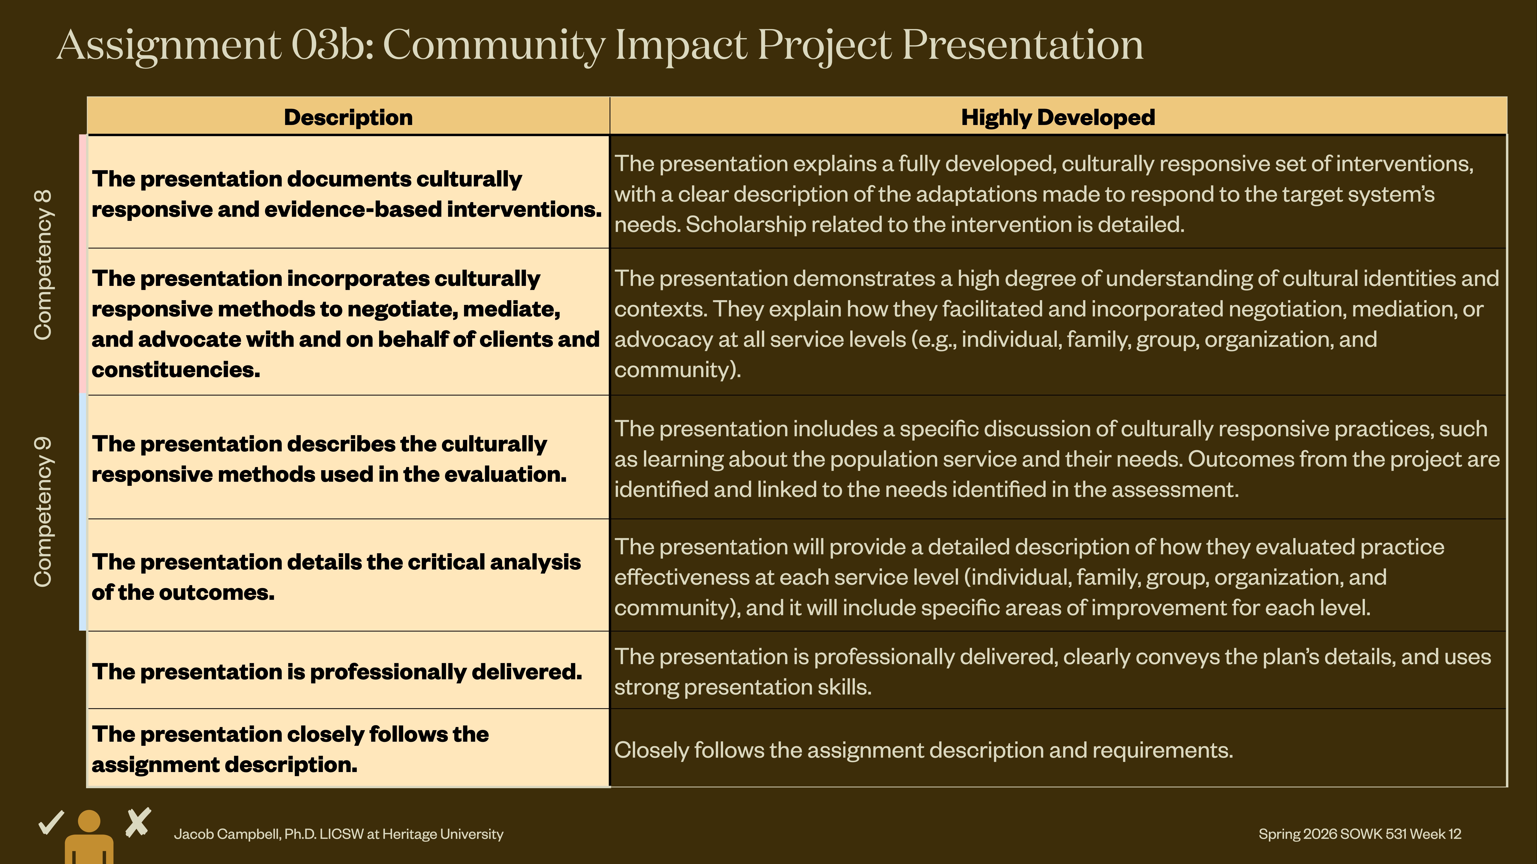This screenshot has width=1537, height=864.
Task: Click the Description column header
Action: click(348, 118)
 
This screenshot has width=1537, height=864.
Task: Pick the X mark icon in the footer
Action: click(139, 823)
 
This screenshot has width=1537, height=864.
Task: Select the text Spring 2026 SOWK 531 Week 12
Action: click(1360, 834)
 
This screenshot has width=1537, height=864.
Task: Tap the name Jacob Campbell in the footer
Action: click(227, 834)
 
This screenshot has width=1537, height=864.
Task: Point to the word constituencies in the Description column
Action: click(175, 370)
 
